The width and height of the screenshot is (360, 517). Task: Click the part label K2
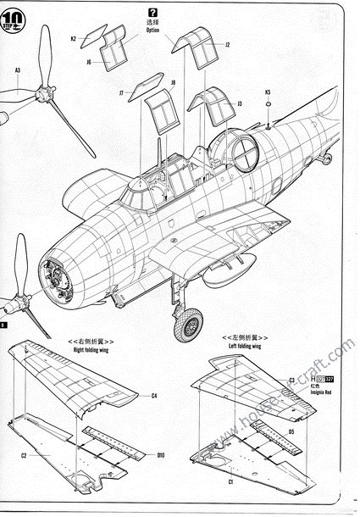tap(74, 38)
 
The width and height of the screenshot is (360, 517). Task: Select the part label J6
tap(89, 61)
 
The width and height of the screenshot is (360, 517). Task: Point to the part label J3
tap(240, 103)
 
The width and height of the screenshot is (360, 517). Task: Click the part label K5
tap(268, 92)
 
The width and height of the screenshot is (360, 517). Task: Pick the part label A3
tap(18, 69)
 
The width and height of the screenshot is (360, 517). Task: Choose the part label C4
tap(153, 396)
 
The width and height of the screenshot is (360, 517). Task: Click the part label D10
tap(160, 454)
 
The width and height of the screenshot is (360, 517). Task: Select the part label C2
tap(24, 456)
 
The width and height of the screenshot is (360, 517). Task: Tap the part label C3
tap(291, 381)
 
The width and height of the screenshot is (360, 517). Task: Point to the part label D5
tap(291, 431)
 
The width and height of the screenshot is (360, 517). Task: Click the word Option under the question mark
tap(152, 30)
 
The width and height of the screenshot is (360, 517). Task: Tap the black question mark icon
tap(152, 12)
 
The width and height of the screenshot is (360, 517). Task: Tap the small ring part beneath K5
tap(268, 105)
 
